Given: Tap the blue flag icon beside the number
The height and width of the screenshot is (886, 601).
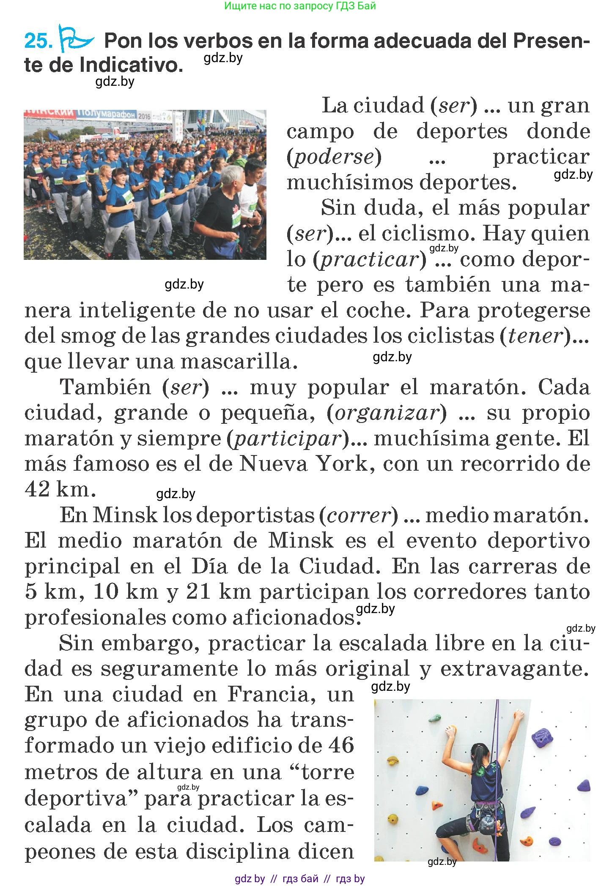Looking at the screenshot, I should pos(75,39).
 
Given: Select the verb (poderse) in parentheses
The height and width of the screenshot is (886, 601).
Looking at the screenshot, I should pos(334,157).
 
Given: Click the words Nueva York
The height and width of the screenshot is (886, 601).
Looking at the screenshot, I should pos(303,464).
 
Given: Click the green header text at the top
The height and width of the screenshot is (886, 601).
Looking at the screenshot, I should pos(300,6).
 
